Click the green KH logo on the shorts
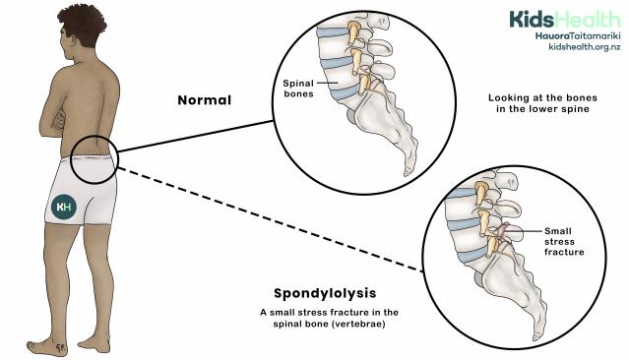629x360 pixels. coord(65,208)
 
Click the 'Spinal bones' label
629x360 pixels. coord(299,89)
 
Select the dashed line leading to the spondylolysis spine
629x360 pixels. coord(266,222)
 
